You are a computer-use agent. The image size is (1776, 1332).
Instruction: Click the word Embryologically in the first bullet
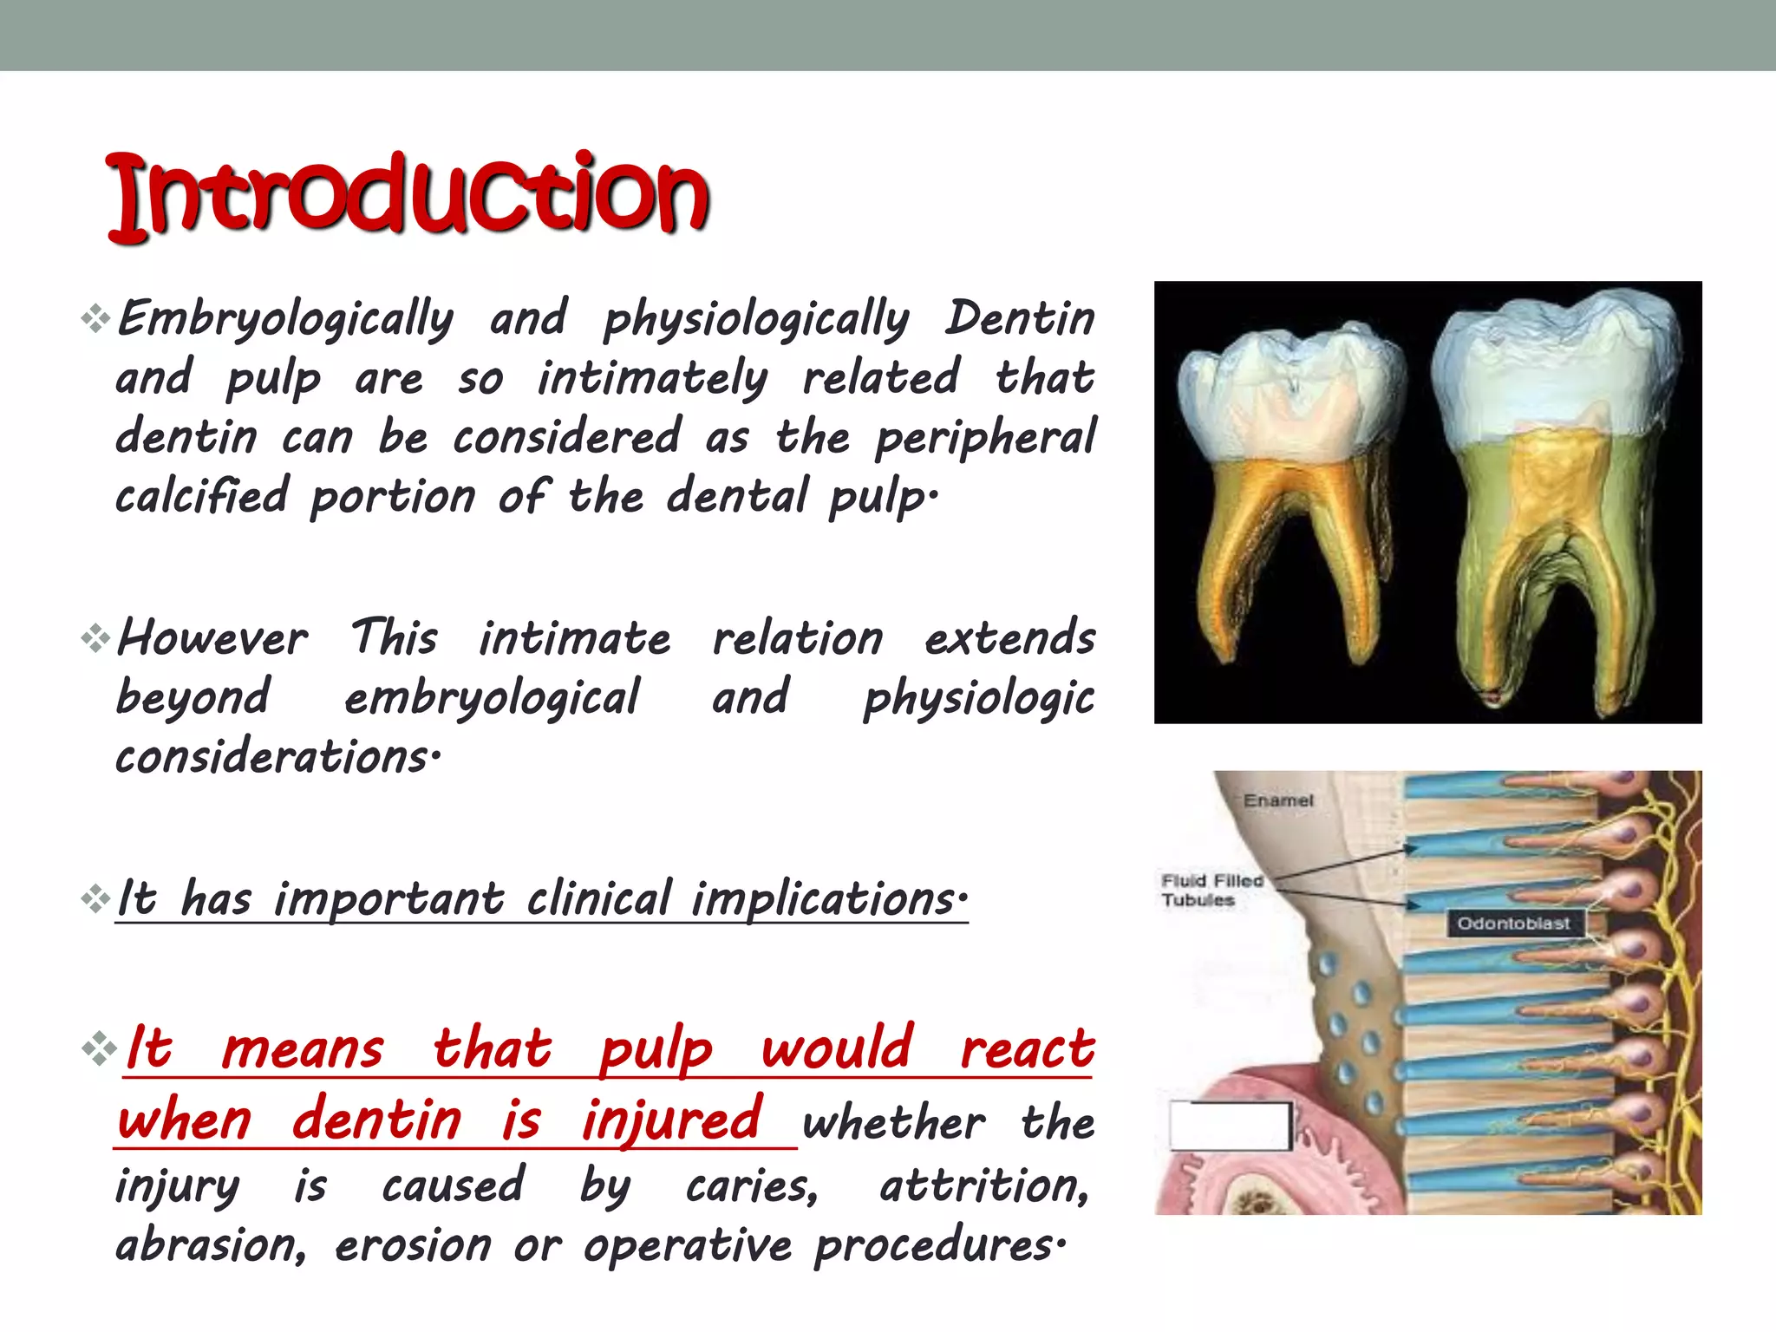284,319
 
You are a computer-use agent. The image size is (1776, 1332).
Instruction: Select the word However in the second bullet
212,639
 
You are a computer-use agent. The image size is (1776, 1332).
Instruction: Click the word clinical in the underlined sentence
599,898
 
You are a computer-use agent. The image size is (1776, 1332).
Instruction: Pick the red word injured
672,1120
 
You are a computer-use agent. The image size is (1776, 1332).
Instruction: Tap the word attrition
984,1185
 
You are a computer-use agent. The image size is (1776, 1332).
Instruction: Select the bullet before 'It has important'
95,898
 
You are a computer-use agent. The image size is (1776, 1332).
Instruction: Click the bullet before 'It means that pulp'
99,1048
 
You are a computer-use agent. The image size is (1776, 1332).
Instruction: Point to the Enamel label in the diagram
1278,800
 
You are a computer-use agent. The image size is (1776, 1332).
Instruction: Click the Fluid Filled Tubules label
1211,891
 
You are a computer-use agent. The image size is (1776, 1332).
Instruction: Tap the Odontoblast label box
1513,924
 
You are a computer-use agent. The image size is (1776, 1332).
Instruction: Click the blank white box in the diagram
1230,1126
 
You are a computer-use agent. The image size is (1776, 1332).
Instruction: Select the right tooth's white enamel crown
1557,364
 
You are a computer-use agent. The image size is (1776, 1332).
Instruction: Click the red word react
1028,1048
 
